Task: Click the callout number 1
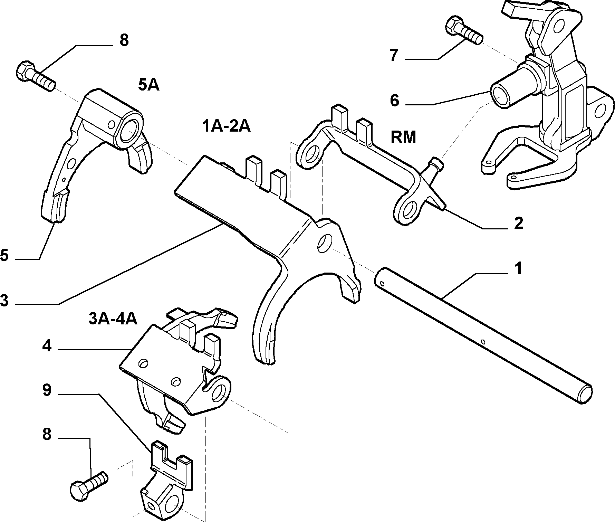pyautogui.click(x=517, y=268)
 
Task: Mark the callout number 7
pyautogui.click(x=394, y=55)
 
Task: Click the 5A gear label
pyautogui.click(x=149, y=85)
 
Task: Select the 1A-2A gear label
pyautogui.click(x=226, y=126)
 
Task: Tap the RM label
pyautogui.click(x=403, y=137)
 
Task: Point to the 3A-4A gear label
pyautogui.click(x=113, y=319)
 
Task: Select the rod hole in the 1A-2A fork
pyautogui.click(x=325, y=243)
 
